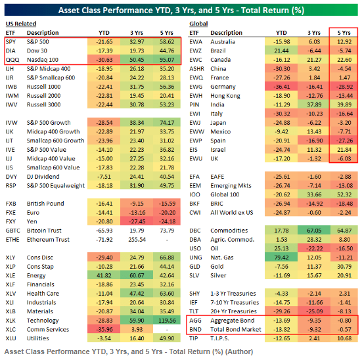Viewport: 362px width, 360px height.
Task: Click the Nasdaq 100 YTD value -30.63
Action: pos(104,60)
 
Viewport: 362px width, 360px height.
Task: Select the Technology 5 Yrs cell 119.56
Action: pos(167,321)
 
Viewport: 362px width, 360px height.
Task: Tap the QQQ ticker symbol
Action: pos(12,60)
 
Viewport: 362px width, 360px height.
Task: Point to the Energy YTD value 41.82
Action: pos(104,275)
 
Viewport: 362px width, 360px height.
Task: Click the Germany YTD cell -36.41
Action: pos(281,87)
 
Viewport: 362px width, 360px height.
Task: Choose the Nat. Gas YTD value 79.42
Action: pos(281,258)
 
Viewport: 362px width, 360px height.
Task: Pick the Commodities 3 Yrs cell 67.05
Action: pos(314,231)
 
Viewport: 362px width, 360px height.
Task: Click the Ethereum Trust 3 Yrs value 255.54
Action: pos(137,240)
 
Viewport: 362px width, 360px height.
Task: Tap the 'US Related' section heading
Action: pos(21,24)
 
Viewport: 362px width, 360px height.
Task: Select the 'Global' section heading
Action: pos(198,24)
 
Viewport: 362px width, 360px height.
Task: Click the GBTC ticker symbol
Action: pos(13,231)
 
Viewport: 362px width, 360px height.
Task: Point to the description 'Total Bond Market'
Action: pos(236,330)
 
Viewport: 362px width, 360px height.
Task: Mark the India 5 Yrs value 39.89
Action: pos(344,104)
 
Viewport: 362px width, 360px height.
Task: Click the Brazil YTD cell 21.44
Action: pos(281,51)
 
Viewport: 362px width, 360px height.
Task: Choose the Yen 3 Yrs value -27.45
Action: pos(137,221)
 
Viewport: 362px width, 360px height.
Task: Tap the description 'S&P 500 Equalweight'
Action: pos(56,186)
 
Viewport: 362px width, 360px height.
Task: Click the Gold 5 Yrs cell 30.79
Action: pos(344,267)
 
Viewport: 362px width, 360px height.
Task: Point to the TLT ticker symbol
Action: pos(194,311)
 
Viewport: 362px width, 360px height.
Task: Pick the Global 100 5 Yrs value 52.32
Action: pos(344,194)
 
